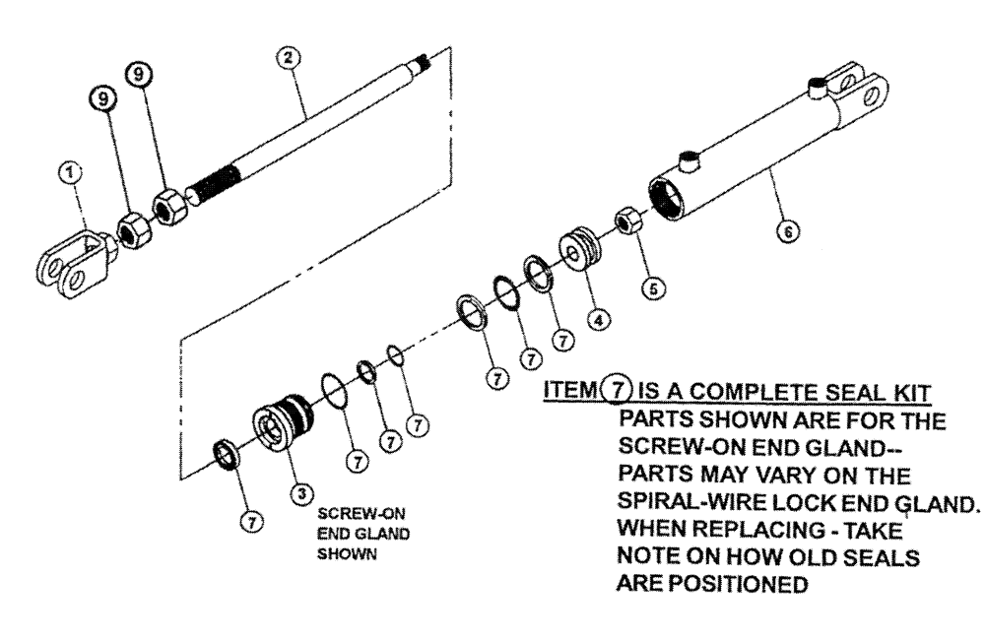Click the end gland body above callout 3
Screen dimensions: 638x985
pos(279,422)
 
